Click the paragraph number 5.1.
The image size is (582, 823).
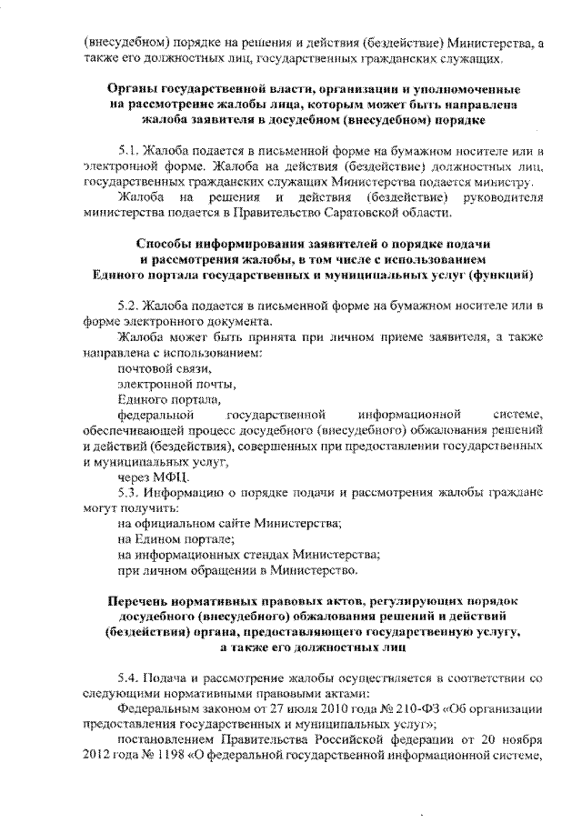pyautogui.click(x=130, y=151)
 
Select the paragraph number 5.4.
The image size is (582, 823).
pyautogui.click(x=130, y=678)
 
